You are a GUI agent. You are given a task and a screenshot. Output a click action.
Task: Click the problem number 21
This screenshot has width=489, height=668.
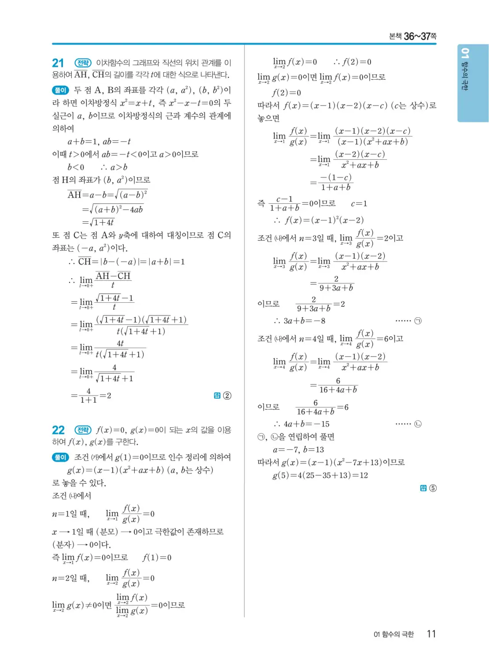pyautogui.click(x=58, y=63)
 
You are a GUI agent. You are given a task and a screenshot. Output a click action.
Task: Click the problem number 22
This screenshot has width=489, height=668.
pyautogui.click(x=58, y=430)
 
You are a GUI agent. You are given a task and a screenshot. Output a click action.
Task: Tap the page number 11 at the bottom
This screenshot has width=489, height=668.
pyautogui.click(x=431, y=634)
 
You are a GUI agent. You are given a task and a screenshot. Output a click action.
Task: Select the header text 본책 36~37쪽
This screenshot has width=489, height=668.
pyautogui.click(x=412, y=37)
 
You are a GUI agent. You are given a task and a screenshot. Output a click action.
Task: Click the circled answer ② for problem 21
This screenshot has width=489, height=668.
pyautogui.click(x=227, y=396)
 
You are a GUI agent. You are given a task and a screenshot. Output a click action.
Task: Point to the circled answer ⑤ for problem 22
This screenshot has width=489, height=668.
pyautogui.click(x=433, y=488)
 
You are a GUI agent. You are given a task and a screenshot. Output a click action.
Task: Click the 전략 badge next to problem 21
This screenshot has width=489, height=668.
pyautogui.click(x=83, y=63)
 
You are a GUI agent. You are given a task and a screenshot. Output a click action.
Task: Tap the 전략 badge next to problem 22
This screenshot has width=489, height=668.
pyautogui.click(x=83, y=430)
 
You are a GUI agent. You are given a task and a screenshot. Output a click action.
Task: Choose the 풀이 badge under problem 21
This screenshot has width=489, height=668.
pyautogui.click(x=60, y=90)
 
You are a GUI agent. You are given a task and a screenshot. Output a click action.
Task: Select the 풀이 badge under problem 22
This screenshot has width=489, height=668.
pyautogui.click(x=60, y=457)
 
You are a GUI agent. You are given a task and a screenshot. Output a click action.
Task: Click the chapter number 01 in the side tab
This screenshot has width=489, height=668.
pyautogui.click(x=465, y=54)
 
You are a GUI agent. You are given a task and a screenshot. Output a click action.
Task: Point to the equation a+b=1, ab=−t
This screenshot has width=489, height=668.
pyautogui.click(x=99, y=142)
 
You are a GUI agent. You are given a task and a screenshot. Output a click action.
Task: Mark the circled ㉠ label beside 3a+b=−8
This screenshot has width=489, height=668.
pyautogui.click(x=418, y=321)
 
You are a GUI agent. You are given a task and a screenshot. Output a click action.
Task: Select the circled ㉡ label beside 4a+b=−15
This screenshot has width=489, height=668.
pyautogui.click(x=418, y=424)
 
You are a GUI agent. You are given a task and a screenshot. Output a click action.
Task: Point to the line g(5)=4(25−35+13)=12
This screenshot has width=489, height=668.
pyautogui.click(x=320, y=475)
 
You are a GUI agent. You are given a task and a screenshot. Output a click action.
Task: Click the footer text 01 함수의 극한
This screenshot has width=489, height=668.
pyautogui.click(x=393, y=634)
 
